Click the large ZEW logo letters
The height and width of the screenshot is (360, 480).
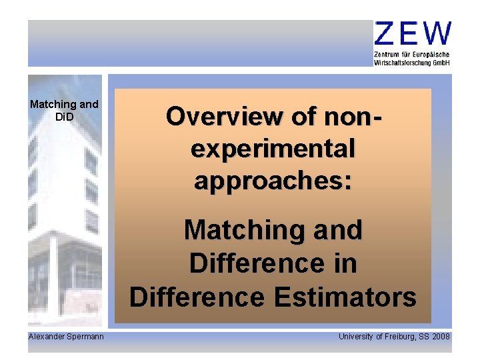point(413,33)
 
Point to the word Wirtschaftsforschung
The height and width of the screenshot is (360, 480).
point(402,62)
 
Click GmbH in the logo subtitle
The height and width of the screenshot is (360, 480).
point(441,62)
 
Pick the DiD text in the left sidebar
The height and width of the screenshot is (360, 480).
point(64,117)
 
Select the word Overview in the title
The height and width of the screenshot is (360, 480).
point(206,117)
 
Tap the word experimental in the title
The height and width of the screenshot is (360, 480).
point(273,148)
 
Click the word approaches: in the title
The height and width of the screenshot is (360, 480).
point(273,179)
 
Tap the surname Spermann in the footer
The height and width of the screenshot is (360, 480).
point(85,337)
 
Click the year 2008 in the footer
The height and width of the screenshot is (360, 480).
point(442,337)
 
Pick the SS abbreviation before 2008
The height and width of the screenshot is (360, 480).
point(425,337)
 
